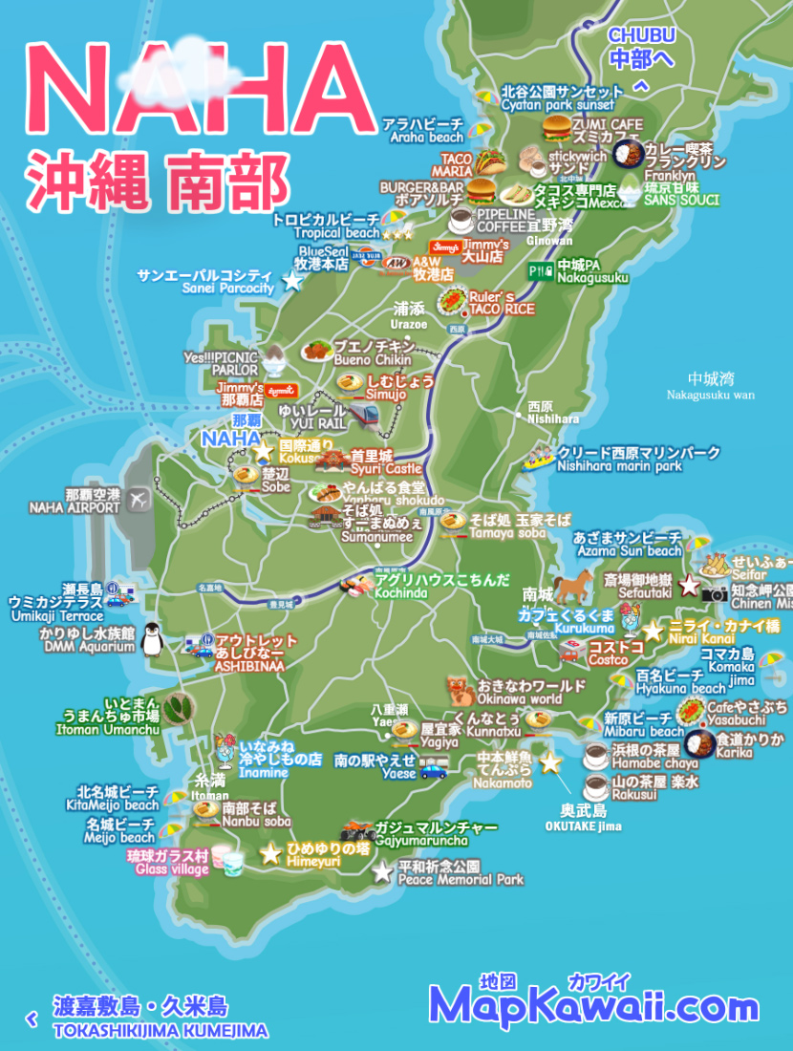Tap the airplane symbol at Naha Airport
tap(139, 499)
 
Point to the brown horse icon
tap(572, 584)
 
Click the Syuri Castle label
tap(385, 462)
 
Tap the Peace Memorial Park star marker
tap(382, 871)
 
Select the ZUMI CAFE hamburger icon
tap(556, 130)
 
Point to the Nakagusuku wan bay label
tap(710, 386)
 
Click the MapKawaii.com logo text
tap(593, 1006)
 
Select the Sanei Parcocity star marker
tap(292, 282)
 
